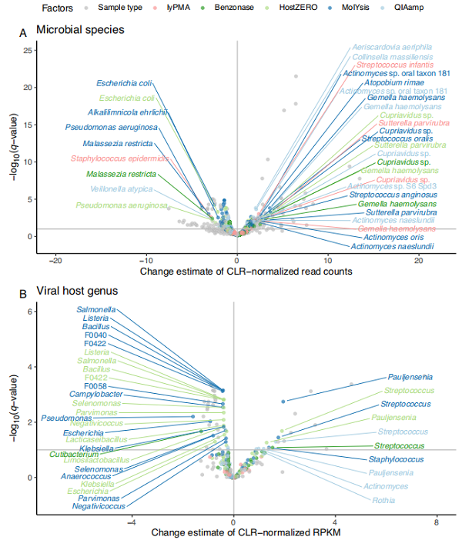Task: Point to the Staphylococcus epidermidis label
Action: pyautogui.click(x=119, y=158)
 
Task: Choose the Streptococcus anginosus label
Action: pyautogui.click(x=389, y=195)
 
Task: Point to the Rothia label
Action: pyautogui.click(x=385, y=500)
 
